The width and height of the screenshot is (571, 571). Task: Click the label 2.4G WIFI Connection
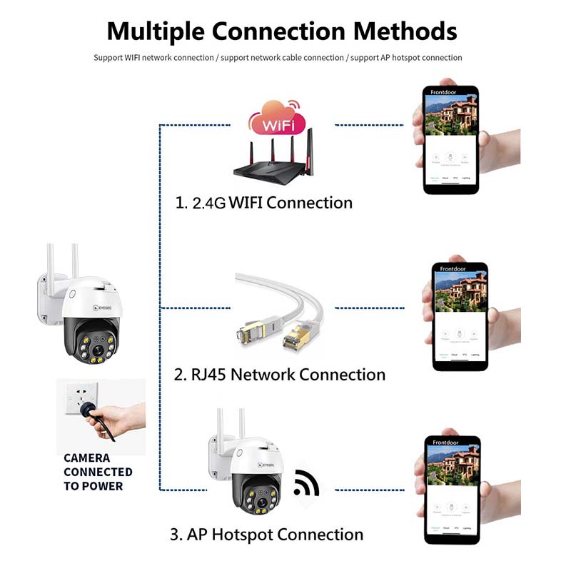pyautogui.click(x=264, y=203)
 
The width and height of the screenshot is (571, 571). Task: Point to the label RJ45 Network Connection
pyautogui.click(x=280, y=375)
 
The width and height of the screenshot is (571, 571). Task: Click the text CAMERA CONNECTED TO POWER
pyautogui.click(x=98, y=472)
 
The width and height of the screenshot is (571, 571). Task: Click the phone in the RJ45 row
pyautogui.click(x=460, y=316)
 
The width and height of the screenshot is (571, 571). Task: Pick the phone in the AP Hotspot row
pyautogui.click(x=452, y=489)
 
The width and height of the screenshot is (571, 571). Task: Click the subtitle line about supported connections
pyautogui.click(x=278, y=57)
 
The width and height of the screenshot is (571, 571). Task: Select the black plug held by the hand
pyautogui.click(x=91, y=409)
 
